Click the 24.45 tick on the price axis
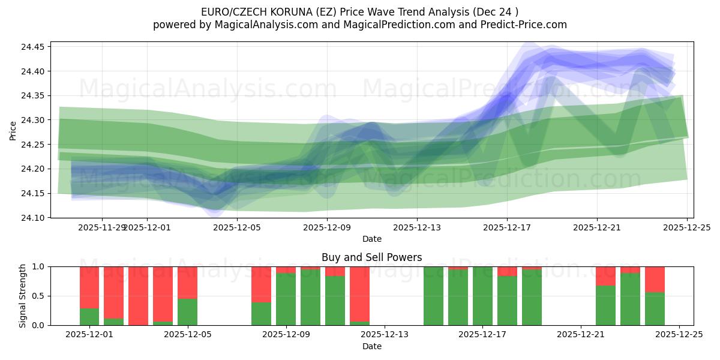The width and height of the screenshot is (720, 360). pos(34,47)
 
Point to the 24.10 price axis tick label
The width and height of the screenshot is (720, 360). pos(34,218)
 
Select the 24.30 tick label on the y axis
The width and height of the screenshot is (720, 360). pos(34,120)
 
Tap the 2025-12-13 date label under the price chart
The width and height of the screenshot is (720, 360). pos(417,228)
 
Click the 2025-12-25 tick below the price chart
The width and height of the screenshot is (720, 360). pos(686,228)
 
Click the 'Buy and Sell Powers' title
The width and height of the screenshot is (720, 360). pos(371,257)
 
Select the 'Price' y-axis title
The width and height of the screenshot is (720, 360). pos(13,130)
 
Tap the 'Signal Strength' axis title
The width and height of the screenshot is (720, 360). pos(22,296)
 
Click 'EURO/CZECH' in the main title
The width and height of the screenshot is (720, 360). pos(230,11)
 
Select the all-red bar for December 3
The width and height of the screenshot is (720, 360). pos(139,296)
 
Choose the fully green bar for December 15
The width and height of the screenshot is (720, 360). pos(433,296)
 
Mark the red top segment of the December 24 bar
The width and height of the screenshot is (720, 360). pos(655,279)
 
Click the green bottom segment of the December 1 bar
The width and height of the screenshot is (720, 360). pos(89,317)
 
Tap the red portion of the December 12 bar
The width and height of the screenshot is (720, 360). pos(359,293)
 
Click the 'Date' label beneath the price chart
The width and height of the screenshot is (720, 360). pos(371,239)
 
